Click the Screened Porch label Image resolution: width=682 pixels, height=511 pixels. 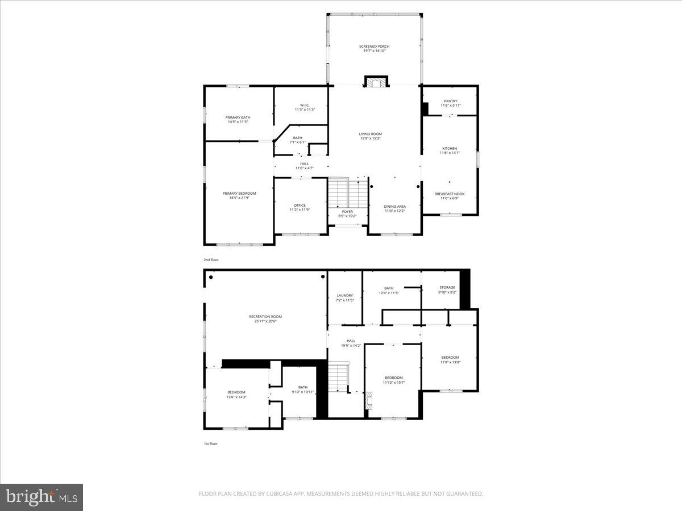[x=375, y=47]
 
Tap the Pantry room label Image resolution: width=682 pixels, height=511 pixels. [x=450, y=101]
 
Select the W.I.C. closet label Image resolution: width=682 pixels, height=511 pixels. [x=304, y=105]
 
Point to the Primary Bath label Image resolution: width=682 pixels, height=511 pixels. [x=238, y=118]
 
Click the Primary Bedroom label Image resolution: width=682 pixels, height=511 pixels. [x=239, y=194]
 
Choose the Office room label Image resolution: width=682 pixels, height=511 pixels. [x=300, y=206]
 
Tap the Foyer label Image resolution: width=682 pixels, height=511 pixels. [x=347, y=212]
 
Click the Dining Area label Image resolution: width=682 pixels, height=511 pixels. [x=394, y=207]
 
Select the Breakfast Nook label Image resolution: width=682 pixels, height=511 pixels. [x=450, y=194]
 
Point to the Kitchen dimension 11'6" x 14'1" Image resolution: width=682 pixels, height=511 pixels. [x=449, y=153]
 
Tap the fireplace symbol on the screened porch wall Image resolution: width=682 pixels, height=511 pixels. [x=375, y=82]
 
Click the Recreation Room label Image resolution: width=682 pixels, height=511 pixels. [x=265, y=317]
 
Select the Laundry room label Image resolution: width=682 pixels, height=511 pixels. [x=344, y=295]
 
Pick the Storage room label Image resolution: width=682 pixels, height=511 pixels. [x=447, y=288]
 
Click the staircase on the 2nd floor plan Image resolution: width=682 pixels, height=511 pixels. [x=348, y=193]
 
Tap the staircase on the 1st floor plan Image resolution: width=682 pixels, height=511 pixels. [x=339, y=378]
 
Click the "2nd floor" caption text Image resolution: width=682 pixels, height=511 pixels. [x=211, y=259]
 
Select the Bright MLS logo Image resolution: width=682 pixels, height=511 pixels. [x=41, y=497]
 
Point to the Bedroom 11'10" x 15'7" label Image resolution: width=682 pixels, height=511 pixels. [x=393, y=378]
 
